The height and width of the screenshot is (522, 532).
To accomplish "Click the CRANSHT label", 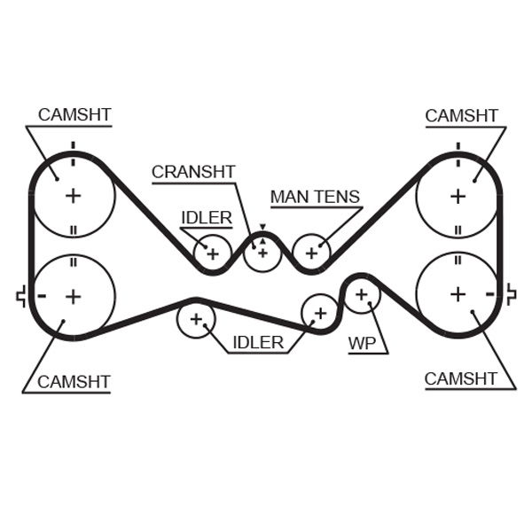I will tap(192, 172).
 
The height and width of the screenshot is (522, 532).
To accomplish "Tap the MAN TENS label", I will tap(315, 197).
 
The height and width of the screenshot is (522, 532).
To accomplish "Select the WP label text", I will tap(362, 343).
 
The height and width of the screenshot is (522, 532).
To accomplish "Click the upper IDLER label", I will tap(207, 217).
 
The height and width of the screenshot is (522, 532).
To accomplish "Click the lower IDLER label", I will tap(258, 342).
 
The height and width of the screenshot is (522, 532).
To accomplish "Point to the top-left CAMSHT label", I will tap(74, 115).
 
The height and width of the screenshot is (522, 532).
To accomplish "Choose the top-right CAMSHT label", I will tap(461, 115).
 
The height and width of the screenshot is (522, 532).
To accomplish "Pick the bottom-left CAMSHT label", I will tap(74, 382).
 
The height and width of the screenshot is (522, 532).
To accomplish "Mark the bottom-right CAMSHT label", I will tap(461, 378).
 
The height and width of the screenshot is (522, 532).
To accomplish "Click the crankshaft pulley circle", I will tap(262, 253).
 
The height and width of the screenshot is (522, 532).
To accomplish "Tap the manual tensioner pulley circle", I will tap(311, 253).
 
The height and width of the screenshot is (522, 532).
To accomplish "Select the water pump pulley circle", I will tap(361, 294).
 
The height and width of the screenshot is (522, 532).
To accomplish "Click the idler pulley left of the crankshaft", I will tap(213, 253).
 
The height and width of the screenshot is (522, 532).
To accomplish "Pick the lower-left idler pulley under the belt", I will tap(196, 319).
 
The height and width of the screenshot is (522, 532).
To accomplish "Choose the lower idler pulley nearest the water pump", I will tap(319, 312).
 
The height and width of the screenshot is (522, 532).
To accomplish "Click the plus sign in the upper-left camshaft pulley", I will tap(73, 195).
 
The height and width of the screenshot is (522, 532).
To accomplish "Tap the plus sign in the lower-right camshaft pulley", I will tap(458, 293).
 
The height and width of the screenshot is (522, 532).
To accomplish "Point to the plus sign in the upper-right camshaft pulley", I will tap(458, 195).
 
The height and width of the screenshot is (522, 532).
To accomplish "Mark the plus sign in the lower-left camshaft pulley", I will tap(73, 295).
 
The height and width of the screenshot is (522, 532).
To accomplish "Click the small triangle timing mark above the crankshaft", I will tap(262, 228).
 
